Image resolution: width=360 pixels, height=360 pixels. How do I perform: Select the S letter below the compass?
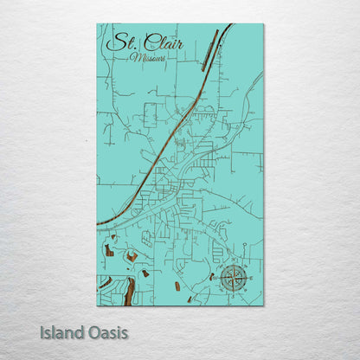point(233,297)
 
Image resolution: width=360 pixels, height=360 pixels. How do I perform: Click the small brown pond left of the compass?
point(210,277)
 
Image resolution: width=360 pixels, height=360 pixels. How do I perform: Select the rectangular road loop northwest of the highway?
point(151,114)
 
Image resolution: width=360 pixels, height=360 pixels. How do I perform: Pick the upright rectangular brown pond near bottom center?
point(177,285)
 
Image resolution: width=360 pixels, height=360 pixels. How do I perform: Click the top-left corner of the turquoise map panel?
point(97,24)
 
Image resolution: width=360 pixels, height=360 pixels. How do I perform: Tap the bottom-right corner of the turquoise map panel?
point(263,305)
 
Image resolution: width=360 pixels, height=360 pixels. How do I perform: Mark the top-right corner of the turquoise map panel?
point(263,24)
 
